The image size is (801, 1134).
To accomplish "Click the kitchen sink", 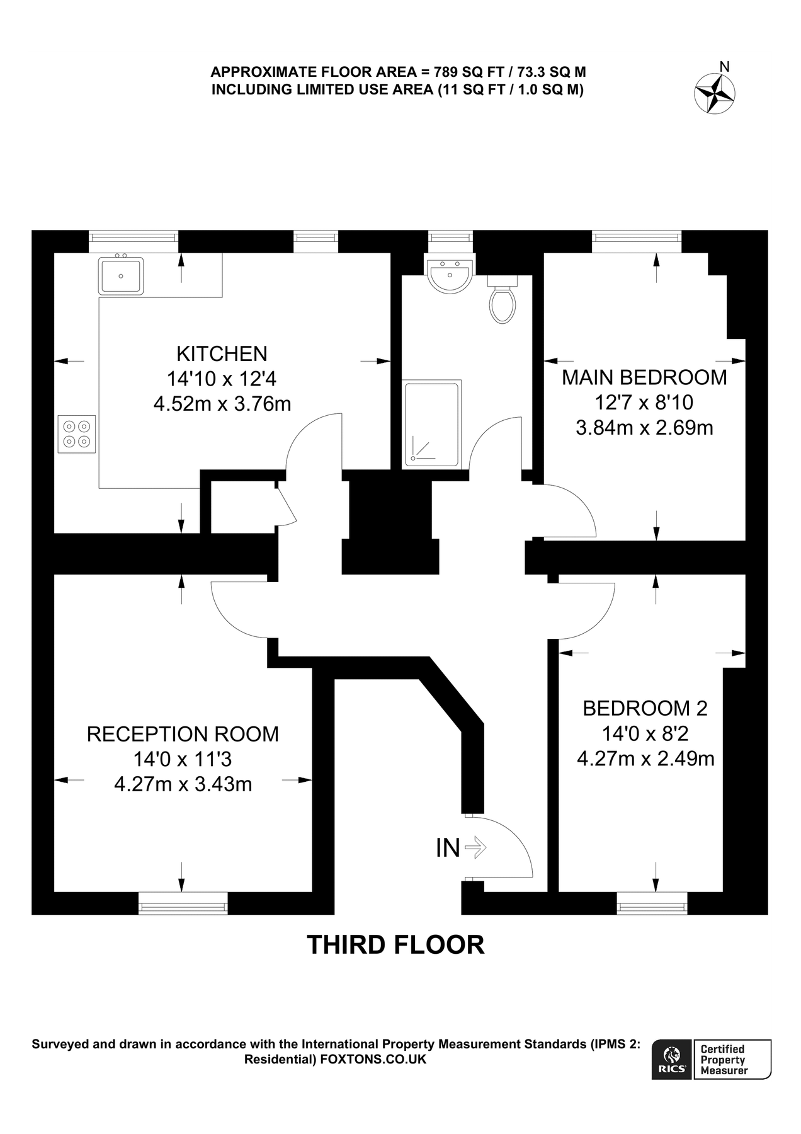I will coord(121,275).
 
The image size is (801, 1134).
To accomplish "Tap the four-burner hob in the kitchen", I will coord(77,433).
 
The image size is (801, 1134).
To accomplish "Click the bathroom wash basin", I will coord(450,276).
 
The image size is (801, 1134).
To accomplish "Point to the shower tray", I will coord(431,423).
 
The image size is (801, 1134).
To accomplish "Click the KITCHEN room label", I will coord(222,353).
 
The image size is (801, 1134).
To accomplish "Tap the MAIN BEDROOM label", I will coord(644,377).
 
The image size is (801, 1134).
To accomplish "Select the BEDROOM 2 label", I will coord(645,708).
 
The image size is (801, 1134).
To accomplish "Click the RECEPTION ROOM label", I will coord(183,734).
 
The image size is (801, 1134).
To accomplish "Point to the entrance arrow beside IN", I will coord(475,847).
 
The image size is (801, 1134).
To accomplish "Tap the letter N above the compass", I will coord(725,66).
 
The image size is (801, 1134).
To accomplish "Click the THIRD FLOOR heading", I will coord(395,945).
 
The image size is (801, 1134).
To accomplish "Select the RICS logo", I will coord(672,1059).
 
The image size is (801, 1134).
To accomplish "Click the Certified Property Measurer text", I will coord(724,1059).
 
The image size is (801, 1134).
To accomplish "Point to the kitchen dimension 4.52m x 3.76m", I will coord(222,403).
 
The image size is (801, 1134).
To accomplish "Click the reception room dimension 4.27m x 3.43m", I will coord(183,784).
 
